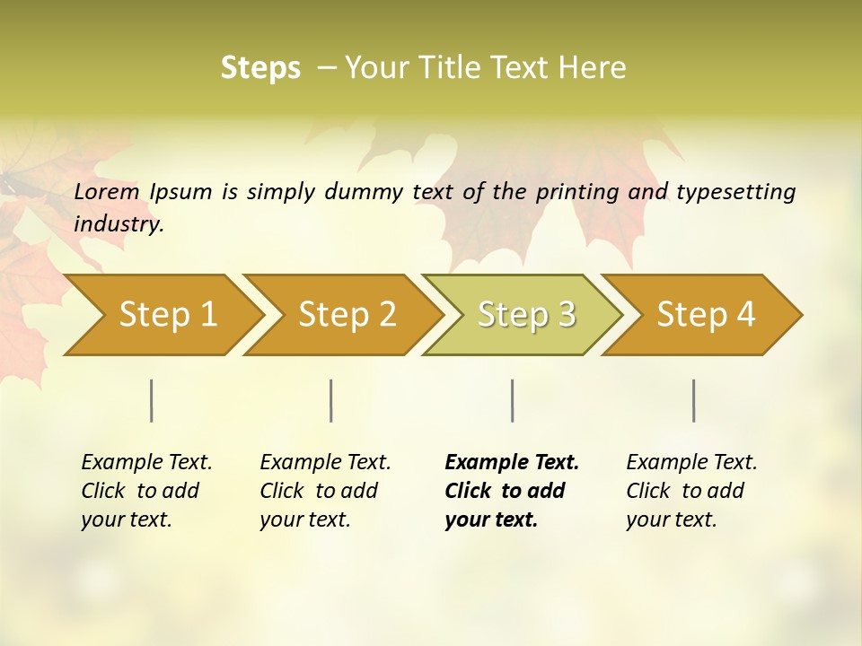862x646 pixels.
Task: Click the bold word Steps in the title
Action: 260,68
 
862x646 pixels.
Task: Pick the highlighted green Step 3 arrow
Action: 526,314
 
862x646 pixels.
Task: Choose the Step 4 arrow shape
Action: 706,314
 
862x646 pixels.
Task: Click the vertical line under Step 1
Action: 152,400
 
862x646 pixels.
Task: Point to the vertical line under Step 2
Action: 331,400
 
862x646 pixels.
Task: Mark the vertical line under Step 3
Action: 512,400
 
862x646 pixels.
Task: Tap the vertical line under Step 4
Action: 693,400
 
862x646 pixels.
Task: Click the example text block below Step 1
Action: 145,491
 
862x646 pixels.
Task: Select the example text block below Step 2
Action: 324,491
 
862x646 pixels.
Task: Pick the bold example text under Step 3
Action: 511,491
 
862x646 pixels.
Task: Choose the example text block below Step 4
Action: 690,491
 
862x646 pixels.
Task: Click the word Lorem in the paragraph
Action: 106,191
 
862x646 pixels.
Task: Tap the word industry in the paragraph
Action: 119,224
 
